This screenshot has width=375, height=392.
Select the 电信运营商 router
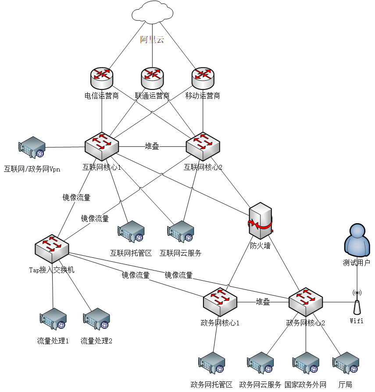point(102,78)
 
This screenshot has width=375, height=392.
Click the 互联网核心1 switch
point(102,146)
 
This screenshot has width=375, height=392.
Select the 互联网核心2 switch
point(203,146)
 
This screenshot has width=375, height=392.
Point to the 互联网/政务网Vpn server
point(32,148)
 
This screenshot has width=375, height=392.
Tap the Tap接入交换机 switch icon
point(52,248)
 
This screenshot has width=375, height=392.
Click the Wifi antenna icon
point(357,302)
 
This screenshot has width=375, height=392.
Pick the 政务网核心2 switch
point(306,302)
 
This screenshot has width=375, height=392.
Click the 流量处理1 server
point(53,320)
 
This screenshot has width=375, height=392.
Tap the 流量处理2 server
point(96,320)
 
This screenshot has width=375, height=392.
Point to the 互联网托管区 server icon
point(131,232)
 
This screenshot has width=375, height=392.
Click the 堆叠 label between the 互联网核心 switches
point(152,146)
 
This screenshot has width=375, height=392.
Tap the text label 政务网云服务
point(260,385)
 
